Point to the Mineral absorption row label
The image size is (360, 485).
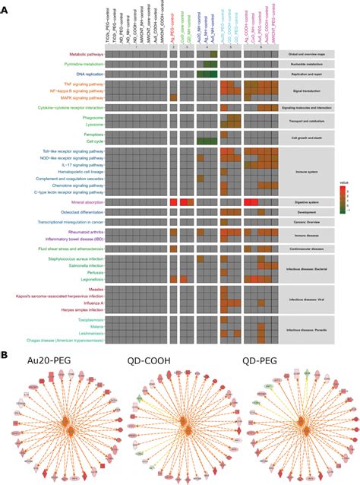pos(82,202)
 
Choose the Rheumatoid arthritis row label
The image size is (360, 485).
pos(82,233)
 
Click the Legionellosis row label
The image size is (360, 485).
pos(87,280)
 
